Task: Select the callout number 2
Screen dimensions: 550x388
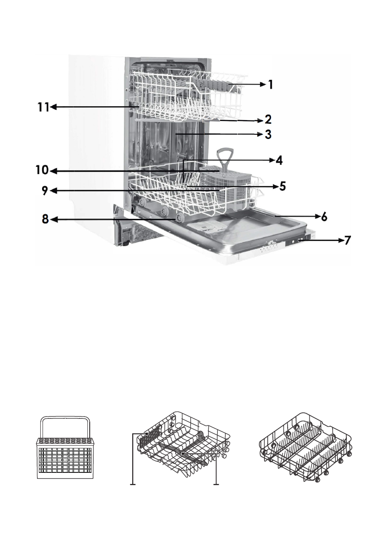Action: pos(268,120)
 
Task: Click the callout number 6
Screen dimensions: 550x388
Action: pos(325,217)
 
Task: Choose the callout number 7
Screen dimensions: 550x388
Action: pos(347,240)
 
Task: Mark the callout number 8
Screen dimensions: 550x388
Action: pos(45,220)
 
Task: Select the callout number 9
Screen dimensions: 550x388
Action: pos(44,190)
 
